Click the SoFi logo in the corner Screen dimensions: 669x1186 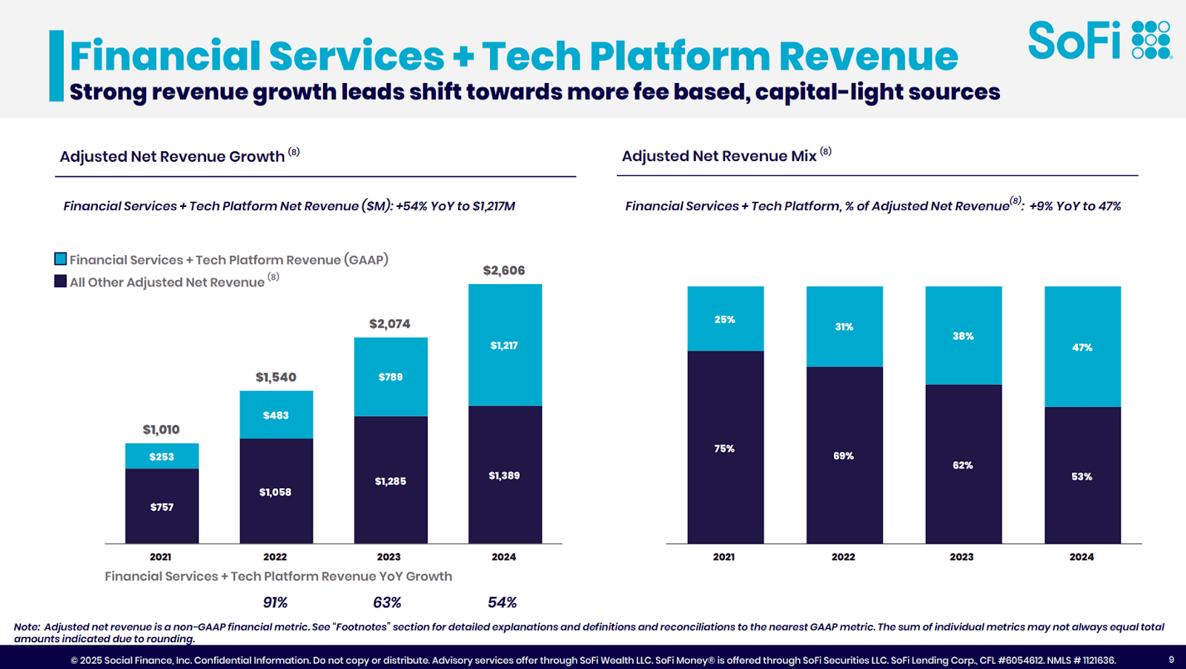click(x=1099, y=40)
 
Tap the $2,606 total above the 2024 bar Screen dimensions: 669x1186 click(x=504, y=271)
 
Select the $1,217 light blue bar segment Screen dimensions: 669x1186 click(x=505, y=346)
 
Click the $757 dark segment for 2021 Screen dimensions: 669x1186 click(x=162, y=507)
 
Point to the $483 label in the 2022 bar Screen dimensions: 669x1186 click(x=276, y=415)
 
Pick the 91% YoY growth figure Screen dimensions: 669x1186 click(x=275, y=602)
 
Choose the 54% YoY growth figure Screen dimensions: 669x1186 click(x=503, y=602)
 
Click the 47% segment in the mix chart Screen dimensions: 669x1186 click(x=1082, y=347)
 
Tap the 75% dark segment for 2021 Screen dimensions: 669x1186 click(x=725, y=449)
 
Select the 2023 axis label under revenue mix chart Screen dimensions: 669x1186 click(x=962, y=557)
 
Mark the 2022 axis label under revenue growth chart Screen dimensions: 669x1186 click(x=275, y=557)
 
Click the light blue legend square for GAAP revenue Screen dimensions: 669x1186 click(x=61, y=259)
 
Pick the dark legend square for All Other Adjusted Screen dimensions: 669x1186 click(x=61, y=281)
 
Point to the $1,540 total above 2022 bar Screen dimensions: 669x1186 click(x=276, y=378)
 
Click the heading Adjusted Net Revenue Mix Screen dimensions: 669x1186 click(x=718, y=156)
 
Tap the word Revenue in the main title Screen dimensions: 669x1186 click(x=868, y=56)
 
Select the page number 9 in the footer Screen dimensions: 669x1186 click(x=1171, y=659)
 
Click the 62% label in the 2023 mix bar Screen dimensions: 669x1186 click(x=963, y=465)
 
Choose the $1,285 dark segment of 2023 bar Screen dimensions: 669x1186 click(x=391, y=481)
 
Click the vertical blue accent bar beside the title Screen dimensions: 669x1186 click(x=56, y=65)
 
